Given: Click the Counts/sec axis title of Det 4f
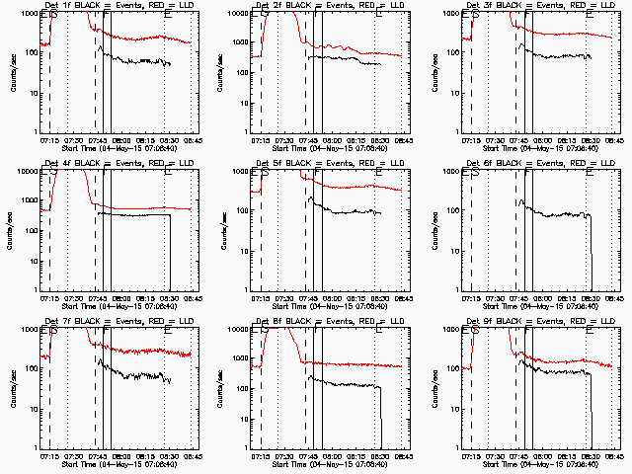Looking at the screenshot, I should click(13, 229).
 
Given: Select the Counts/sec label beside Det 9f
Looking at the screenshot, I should click(434, 387).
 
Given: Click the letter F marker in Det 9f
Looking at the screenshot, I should click(527, 332).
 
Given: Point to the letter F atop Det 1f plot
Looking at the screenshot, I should click(106, 16).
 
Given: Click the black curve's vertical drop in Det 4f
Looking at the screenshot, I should click(169, 252).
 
